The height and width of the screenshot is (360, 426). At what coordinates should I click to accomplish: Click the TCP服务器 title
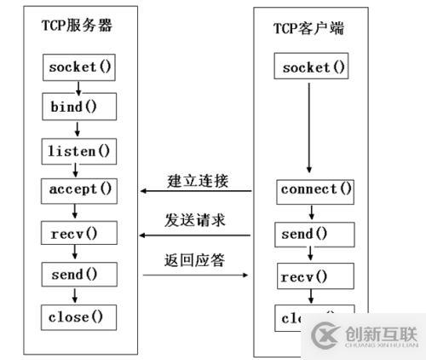[x=77, y=25]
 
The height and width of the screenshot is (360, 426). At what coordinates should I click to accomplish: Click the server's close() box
[x=78, y=317]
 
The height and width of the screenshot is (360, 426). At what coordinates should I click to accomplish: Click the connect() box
[x=315, y=189]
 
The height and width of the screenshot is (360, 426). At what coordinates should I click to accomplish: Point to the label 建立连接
[x=197, y=182]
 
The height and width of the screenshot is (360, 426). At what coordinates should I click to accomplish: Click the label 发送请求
[x=197, y=220]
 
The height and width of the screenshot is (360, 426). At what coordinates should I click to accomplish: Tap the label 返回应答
[x=197, y=259]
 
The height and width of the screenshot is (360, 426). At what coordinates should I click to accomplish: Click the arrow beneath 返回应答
[x=197, y=276]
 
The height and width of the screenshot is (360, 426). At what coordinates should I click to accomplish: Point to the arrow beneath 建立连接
[x=197, y=193]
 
